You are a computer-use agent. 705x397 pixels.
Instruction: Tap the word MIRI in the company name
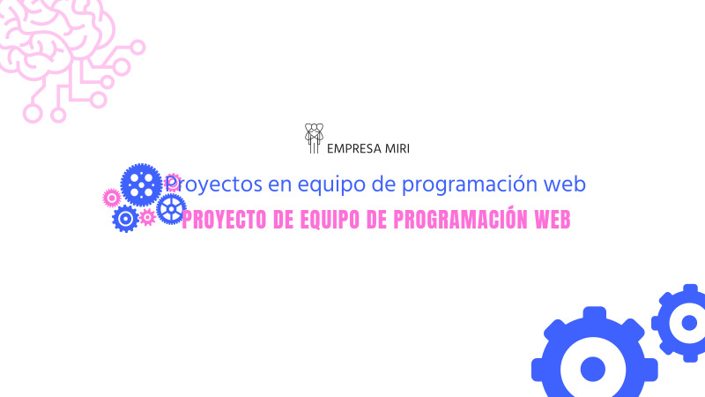click(x=397, y=148)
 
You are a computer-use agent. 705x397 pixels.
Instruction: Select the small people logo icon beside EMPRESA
click(x=313, y=139)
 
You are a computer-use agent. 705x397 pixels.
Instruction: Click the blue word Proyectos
click(x=205, y=185)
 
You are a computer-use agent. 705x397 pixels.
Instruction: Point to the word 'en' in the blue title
click(x=261, y=185)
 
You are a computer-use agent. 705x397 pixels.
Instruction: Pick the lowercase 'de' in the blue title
click(x=357, y=184)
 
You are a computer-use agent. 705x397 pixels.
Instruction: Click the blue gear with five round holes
click(x=141, y=184)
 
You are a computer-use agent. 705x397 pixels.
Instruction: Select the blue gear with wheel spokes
click(x=171, y=209)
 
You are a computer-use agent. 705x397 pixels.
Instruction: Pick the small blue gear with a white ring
click(x=125, y=218)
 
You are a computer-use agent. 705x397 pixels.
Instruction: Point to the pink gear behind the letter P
click(x=174, y=182)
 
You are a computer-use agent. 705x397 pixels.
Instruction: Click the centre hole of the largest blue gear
click(x=593, y=369)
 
